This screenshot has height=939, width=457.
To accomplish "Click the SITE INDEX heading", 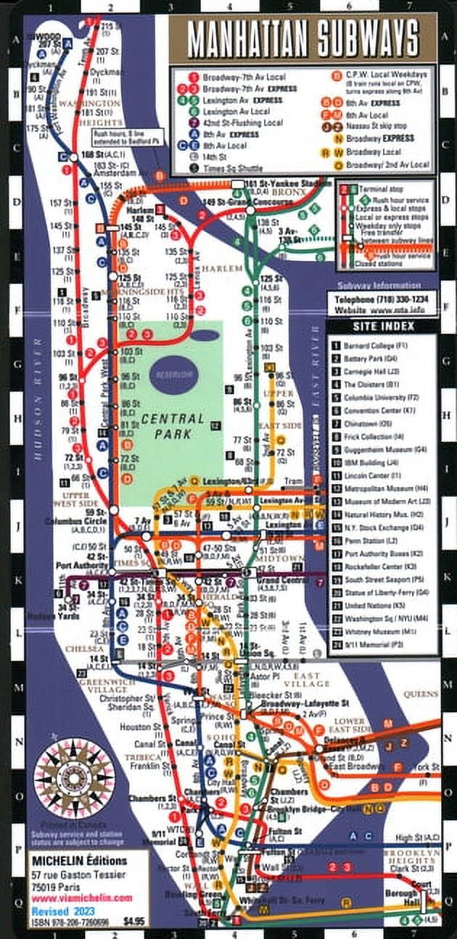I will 385,326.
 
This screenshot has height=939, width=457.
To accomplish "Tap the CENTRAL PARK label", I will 168,427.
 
